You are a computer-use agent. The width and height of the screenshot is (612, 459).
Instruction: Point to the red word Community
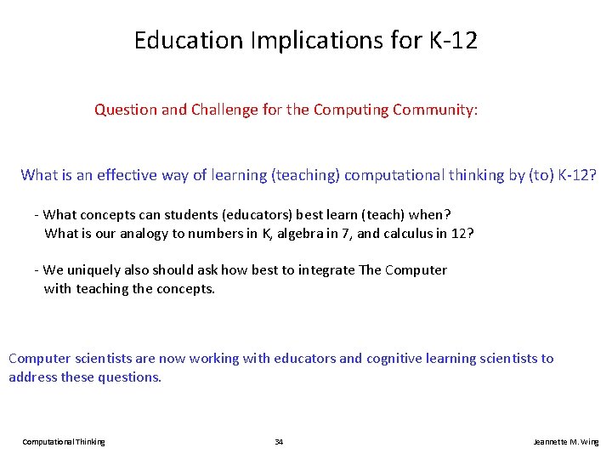point(434,110)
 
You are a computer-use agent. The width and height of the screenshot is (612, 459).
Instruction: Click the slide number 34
point(279,442)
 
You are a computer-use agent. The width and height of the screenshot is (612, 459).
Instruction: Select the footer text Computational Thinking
point(64,442)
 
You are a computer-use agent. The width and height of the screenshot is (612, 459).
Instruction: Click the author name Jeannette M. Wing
point(565,442)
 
